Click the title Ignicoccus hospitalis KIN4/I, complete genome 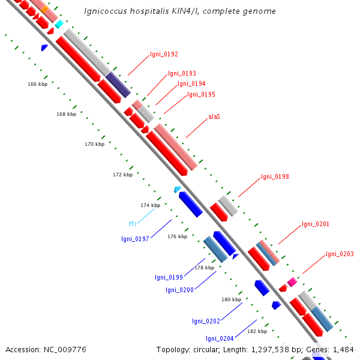(x=180, y=11)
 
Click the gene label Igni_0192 (x=164, y=54)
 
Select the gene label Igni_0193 (x=182, y=74)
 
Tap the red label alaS (x=214, y=116)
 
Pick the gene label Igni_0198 (x=275, y=177)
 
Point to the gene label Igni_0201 (x=316, y=224)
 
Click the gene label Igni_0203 (x=340, y=254)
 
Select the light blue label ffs (x=133, y=224)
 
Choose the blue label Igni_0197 (x=135, y=239)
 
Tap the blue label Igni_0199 (x=169, y=277)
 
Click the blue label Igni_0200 (x=179, y=290)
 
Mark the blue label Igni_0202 (x=206, y=321)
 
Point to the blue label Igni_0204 (x=220, y=338)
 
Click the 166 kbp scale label (x=37, y=84)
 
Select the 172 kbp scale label (x=122, y=175)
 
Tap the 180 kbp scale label (x=231, y=299)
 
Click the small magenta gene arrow (x=292, y=281)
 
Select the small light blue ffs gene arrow (x=178, y=189)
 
